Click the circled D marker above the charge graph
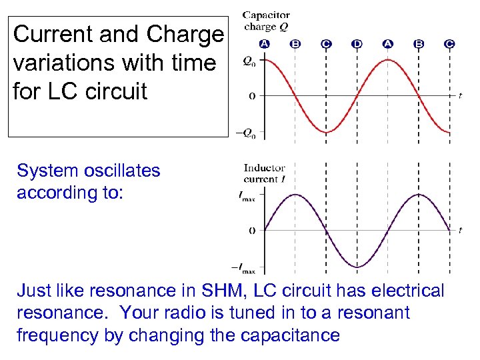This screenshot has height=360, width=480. pos(357,44)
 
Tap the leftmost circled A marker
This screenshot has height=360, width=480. pos(265,44)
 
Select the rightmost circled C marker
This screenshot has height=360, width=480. pos(449,44)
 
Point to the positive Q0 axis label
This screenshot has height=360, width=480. pos(248,61)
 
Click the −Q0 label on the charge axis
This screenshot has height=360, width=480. pos(245,132)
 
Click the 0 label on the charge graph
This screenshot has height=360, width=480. pos(251,97)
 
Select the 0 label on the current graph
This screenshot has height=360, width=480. pos(251,231)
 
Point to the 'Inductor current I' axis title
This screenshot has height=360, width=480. pos(264,173)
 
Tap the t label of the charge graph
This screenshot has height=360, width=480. pos(460,96)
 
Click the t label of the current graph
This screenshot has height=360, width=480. pos(460,230)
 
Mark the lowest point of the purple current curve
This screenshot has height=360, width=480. pos(357,267)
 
